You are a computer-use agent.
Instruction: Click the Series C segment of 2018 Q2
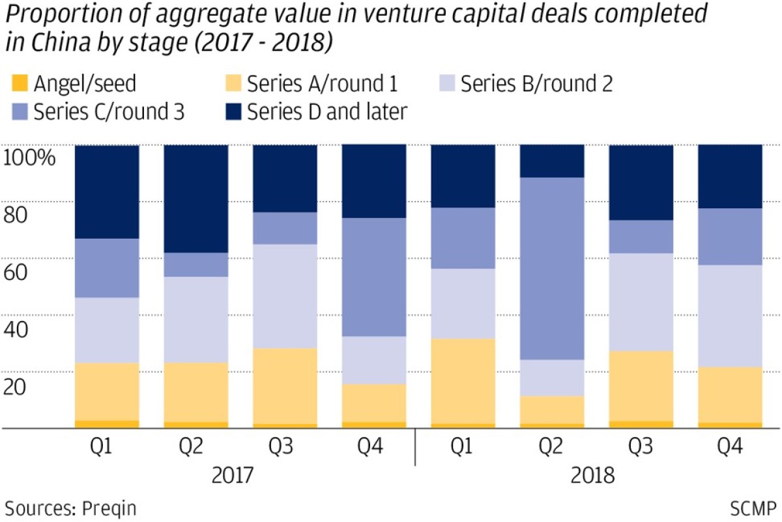[552, 269]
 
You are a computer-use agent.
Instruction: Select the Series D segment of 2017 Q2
[196, 198]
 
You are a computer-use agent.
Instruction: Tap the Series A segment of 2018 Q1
[463, 381]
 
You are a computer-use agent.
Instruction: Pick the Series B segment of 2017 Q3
[285, 296]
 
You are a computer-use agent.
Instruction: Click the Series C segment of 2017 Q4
[374, 277]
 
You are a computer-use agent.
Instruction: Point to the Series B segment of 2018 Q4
[730, 316]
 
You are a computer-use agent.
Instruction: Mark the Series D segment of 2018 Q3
[641, 183]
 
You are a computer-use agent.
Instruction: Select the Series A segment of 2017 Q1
[107, 391]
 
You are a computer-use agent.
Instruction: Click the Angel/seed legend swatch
[20, 84]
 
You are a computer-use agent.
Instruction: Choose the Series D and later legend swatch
[233, 112]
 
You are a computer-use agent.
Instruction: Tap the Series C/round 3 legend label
[109, 112]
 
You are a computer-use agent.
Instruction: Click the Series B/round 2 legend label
[536, 84]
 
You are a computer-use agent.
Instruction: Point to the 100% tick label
[29, 157]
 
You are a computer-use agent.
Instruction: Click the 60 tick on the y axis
[16, 272]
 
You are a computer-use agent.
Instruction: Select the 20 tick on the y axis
[14, 387]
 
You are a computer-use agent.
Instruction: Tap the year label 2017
[233, 475]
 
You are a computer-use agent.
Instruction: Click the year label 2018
[593, 475]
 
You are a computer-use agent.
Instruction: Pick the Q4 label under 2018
[730, 446]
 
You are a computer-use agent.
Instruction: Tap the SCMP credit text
[753, 508]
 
